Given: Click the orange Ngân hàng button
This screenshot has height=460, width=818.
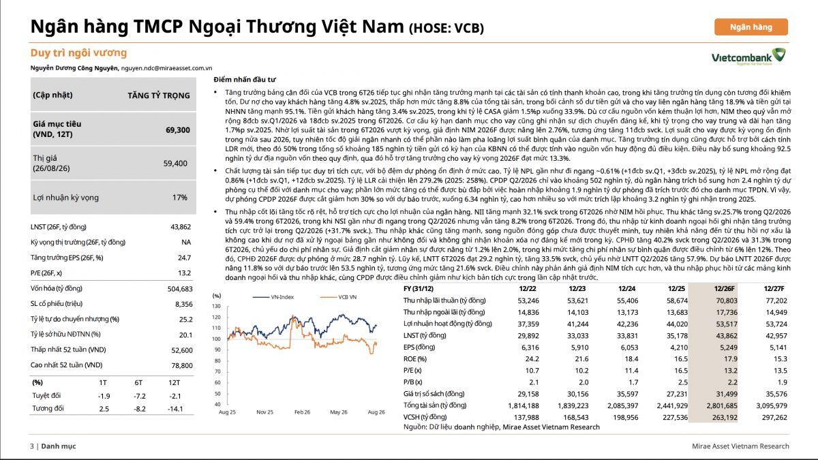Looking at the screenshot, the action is (751, 27).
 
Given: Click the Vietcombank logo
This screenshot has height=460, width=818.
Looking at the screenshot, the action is (748, 57).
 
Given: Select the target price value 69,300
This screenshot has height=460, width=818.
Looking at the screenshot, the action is (178, 130).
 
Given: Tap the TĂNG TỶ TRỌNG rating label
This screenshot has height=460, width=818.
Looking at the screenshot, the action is (159, 95).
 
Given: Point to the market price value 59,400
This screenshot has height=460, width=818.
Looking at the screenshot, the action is (175, 163).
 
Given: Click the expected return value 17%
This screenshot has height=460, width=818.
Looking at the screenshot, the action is (180, 198).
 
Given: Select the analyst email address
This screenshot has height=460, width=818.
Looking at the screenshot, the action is (166, 68).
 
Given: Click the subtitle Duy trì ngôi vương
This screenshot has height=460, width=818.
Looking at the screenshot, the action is (78, 52).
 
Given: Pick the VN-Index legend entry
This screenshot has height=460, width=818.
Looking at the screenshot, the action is (273, 297).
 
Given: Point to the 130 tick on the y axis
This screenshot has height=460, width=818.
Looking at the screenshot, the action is (216, 306).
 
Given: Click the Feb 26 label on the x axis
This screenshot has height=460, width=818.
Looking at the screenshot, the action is (302, 412).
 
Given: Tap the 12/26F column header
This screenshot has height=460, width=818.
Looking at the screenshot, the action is (724, 288).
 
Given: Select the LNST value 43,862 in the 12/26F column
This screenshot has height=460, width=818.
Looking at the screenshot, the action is (725, 335).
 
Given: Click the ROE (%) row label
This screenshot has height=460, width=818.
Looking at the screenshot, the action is (415, 359).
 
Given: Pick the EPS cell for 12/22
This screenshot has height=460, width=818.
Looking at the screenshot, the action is (530, 347).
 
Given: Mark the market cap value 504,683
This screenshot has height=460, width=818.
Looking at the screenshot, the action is (180, 289).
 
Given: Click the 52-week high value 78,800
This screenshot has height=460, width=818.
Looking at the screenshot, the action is (182, 365).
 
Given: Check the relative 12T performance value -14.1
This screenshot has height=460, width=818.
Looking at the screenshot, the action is (175, 409).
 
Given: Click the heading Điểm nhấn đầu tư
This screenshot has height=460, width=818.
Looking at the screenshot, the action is (245, 80).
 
